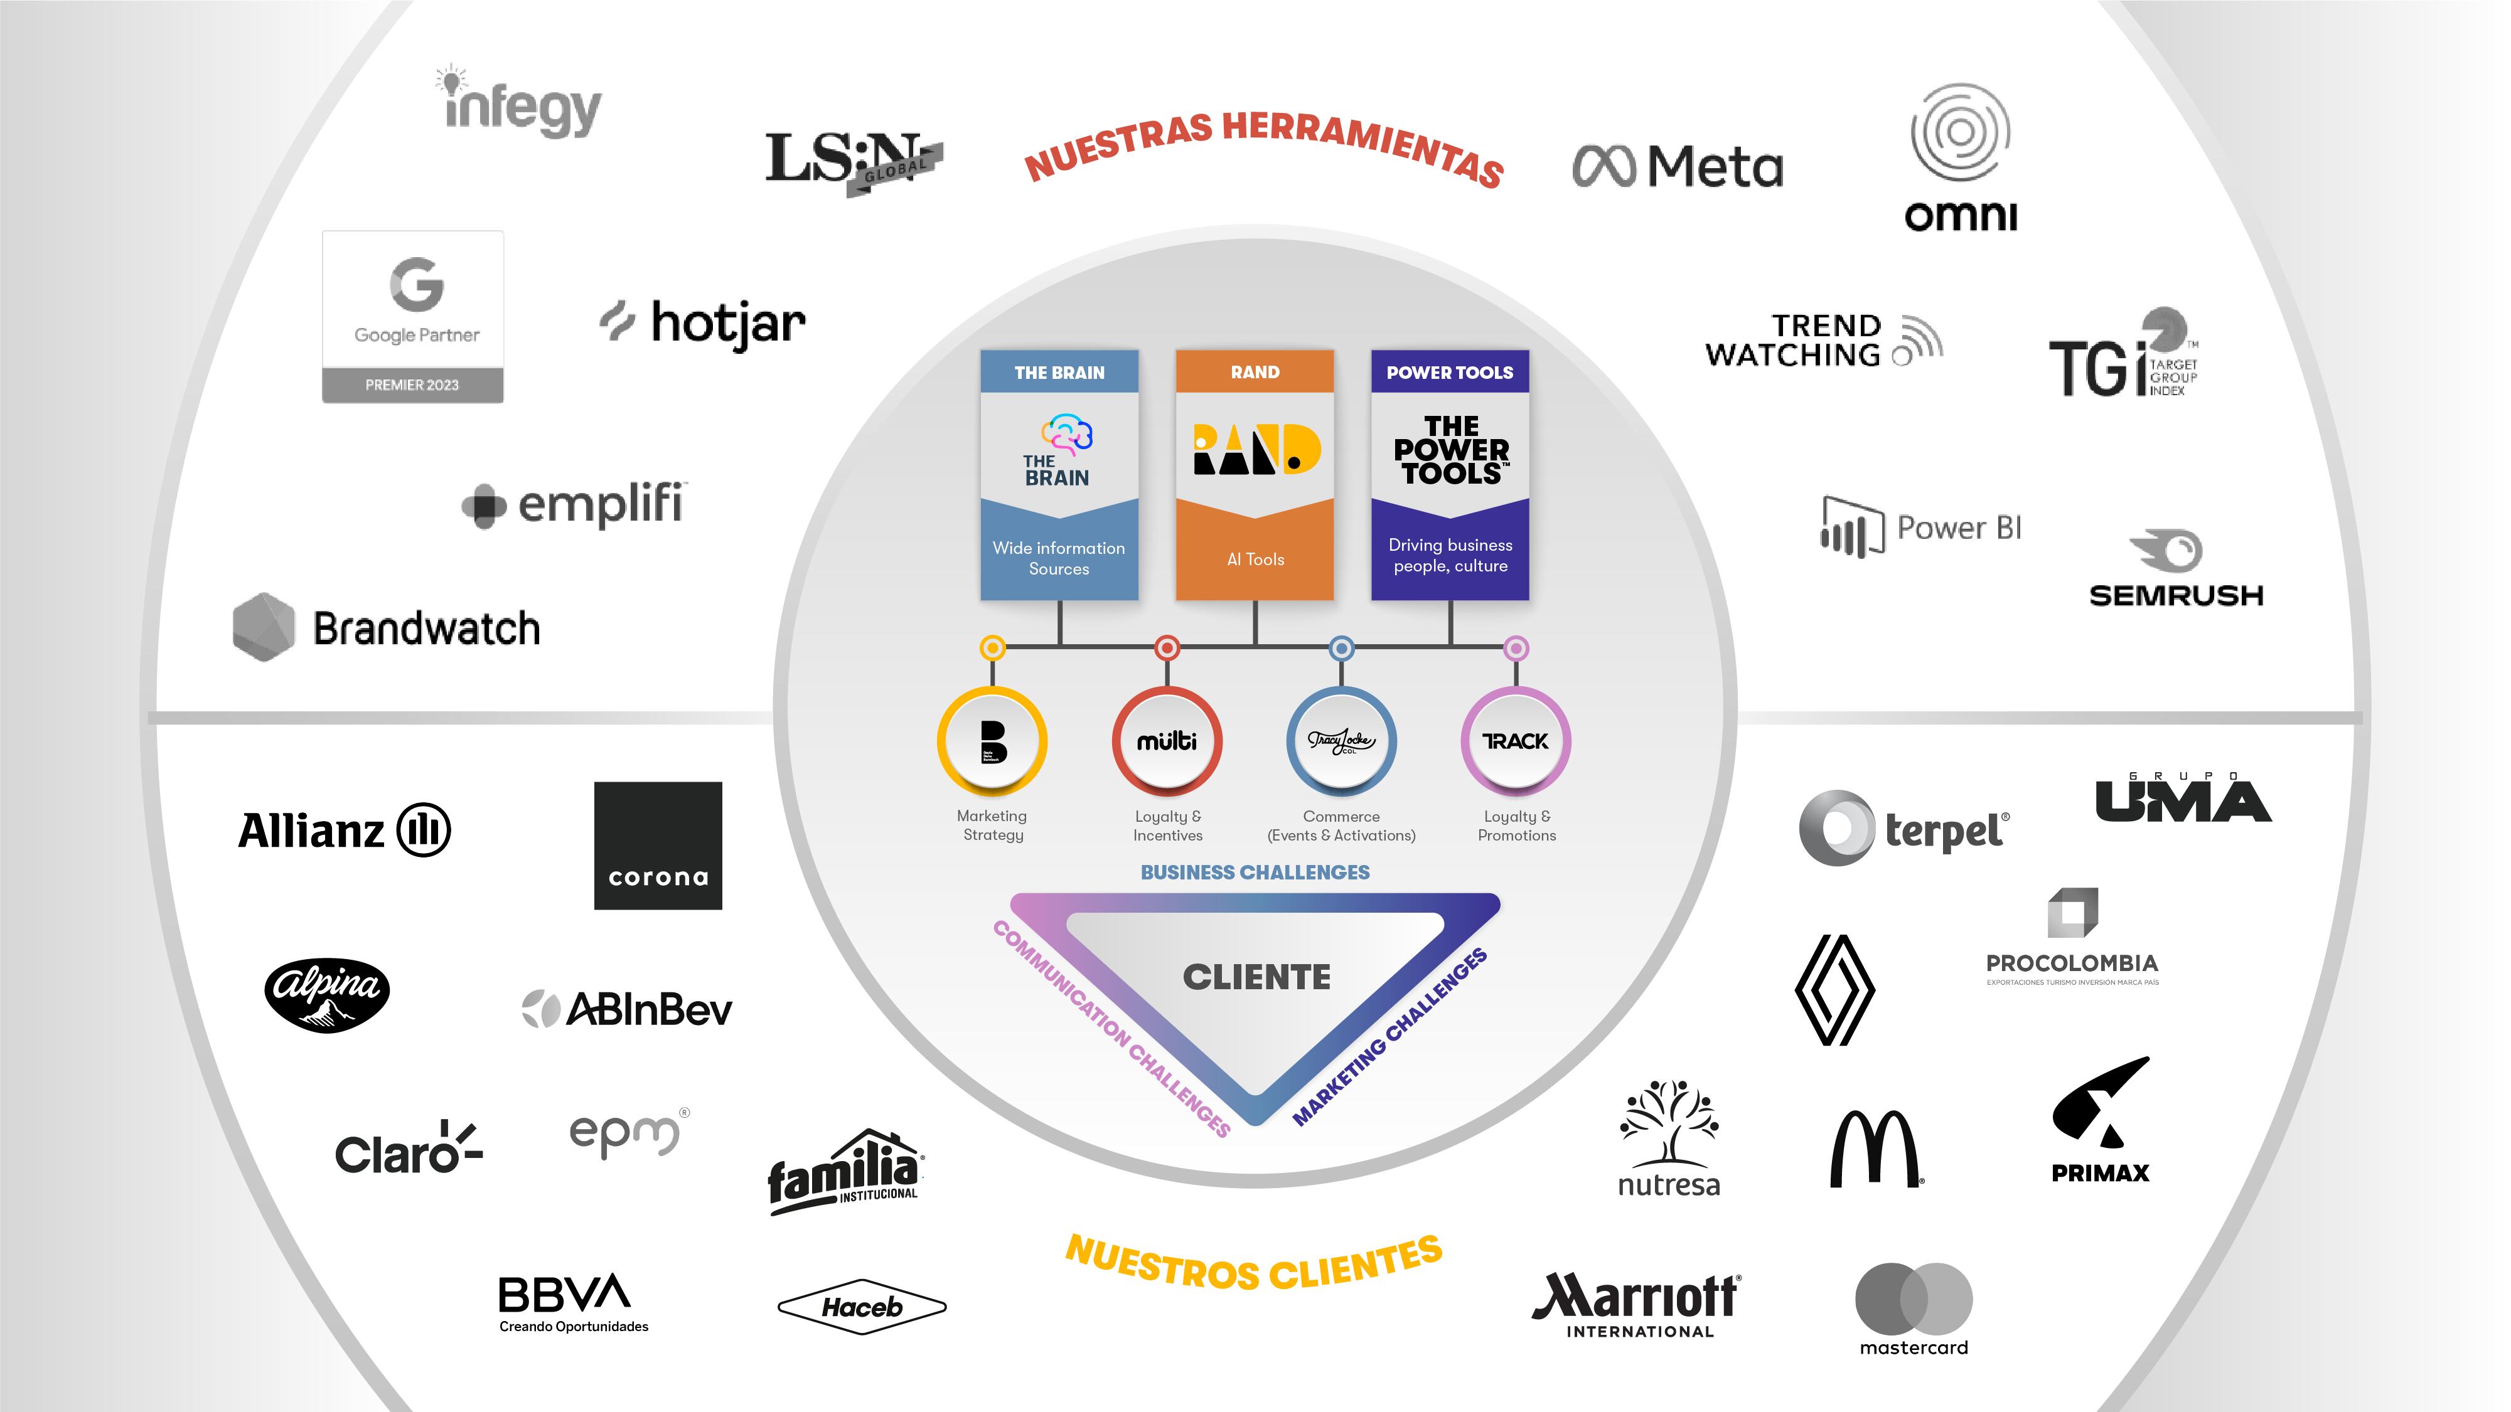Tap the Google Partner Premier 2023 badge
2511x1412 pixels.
click(414, 317)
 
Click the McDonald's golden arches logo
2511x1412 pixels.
click(1873, 1149)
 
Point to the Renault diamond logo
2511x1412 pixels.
click(1834, 990)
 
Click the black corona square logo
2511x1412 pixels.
click(658, 846)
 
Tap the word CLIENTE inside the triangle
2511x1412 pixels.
click(1256, 977)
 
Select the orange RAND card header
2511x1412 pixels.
click(1255, 372)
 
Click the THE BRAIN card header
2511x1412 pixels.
click(1059, 372)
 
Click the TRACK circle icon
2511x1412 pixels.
click(1516, 741)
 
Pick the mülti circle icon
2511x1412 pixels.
click(1167, 741)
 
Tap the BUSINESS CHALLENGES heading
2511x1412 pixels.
click(1255, 872)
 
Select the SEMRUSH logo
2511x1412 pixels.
click(2176, 571)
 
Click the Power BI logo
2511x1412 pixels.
click(1921, 527)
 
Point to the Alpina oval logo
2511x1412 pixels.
click(328, 995)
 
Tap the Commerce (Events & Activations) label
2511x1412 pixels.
click(1341, 825)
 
